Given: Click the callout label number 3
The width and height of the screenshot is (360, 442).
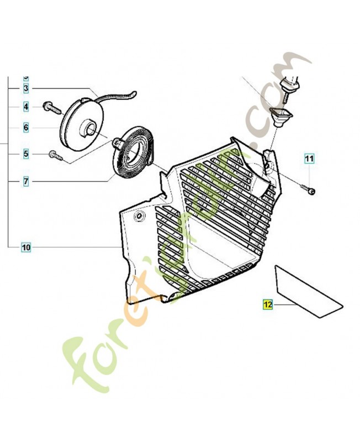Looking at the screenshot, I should (26, 88).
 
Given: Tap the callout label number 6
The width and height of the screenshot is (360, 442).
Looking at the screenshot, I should (26, 128).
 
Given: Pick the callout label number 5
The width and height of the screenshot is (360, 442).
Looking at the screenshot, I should (26, 154).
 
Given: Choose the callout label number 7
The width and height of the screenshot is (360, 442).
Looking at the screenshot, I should (26, 181).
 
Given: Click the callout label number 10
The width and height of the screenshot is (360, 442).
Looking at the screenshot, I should (26, 247).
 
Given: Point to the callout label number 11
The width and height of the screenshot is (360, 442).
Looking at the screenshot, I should (309, 159).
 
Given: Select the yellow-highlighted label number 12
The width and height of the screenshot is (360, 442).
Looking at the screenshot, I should (268, 304).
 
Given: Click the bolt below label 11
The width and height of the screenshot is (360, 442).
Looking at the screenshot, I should (311, 191).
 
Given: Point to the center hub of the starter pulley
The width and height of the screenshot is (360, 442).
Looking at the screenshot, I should (87, 131).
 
